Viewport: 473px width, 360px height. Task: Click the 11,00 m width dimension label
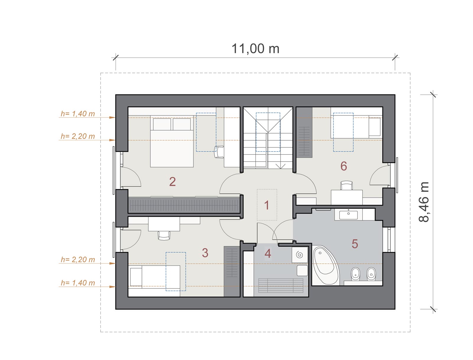click(255, 49)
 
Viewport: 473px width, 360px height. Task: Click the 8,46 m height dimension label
click(424, 202)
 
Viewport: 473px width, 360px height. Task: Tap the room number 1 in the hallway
click(267, 205)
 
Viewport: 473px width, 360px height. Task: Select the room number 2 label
click(172, 182)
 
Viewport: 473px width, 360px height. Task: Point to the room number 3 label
click(205, 253)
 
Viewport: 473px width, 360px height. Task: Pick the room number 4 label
click(268, 253)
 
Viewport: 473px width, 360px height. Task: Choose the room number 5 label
click(355, 244)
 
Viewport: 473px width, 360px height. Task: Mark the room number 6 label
click(344, 166)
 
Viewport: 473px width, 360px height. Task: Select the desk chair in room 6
click(346, 185)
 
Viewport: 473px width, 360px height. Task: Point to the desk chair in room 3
click(164, 235)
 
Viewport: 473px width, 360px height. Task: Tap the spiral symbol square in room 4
click(299, 255)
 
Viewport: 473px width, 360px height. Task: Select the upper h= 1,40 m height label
click(78, 114)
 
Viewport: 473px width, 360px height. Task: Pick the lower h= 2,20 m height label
click(78, 260)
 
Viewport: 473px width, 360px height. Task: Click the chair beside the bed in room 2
click(219, 152)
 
